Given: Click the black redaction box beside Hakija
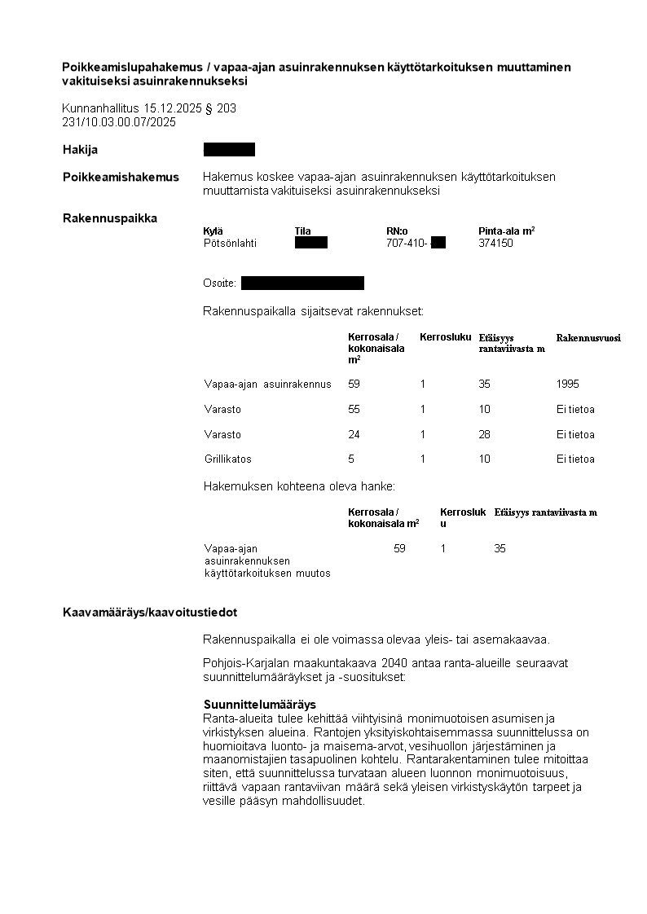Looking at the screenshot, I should [229, 149].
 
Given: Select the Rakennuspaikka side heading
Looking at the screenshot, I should [110, 218].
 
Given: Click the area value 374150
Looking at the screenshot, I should [495, 243].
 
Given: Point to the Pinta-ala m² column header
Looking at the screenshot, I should [506, 231].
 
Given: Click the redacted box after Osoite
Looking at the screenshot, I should [302, 283].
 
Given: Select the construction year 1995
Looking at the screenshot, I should [568, 384].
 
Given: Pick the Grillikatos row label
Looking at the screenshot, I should [228, 459].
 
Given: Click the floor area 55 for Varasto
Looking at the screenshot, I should [354, 409].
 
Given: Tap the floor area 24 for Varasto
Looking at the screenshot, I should [354, 434].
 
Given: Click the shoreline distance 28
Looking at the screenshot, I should [485, 434].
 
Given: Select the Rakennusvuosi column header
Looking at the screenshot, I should [588, 337].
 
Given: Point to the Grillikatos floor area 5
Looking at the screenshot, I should [351, 459].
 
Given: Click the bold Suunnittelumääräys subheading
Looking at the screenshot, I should [259, 704].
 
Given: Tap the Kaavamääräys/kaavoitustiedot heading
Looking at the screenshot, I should [150, 613].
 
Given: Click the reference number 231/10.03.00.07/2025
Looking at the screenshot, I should [119, 122].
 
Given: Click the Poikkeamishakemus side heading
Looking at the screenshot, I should [121, 177].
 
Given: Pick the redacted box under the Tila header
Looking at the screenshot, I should [310, 243].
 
